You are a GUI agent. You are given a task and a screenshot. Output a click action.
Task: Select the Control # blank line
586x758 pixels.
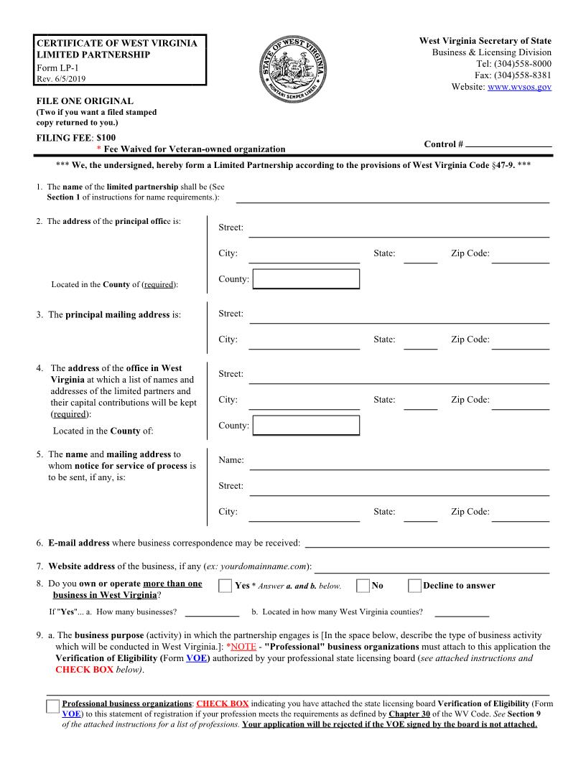click(508, 144)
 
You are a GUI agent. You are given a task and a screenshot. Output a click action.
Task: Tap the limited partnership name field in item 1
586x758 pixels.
click(393, 197)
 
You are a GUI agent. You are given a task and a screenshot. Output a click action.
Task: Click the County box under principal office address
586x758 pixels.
click(306, 279)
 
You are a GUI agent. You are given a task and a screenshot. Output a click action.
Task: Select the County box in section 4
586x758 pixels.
click(306, 426)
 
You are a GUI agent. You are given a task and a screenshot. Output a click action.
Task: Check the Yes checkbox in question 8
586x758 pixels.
click(225, 586)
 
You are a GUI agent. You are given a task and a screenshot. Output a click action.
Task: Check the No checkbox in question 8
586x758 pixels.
click(363, 586)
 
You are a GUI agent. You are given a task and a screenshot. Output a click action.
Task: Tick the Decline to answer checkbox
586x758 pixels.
click(414, 586)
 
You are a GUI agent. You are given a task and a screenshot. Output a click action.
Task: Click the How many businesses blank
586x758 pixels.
click(212, 612)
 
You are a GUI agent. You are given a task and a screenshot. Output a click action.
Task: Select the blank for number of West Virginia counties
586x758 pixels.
click(462, 612)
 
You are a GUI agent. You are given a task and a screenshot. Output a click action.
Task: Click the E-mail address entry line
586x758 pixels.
click(427, 543)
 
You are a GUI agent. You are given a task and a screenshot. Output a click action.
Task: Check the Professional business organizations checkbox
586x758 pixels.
click(52, 707)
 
